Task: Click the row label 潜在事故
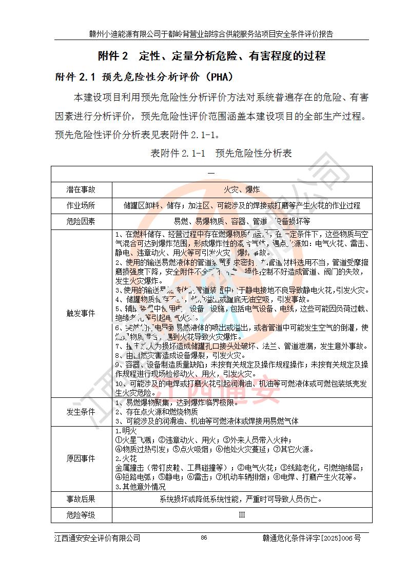coord(81,189)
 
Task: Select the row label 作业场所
coord(81,205)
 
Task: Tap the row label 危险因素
coord(81,221)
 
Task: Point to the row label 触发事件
coord(81,313)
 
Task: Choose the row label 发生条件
coord(81,411)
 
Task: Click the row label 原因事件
coord(81,458)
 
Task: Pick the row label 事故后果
coord(81,498)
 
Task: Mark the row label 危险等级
coord(81,514)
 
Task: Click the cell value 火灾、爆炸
coord(242,189)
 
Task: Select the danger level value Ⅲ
coord(242,514)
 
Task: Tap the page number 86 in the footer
coord(204,537)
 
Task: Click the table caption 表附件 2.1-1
coord(178,153)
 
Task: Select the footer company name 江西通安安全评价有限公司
coord(98,537)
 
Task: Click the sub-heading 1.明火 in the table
coord(125,431)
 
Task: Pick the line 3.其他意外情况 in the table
coord(140,486)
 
